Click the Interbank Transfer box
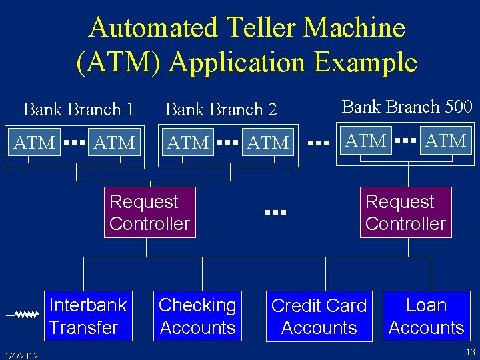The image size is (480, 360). click(x=88, y=316)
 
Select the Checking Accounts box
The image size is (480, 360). click(x=197, y=316)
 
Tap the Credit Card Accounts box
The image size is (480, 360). click(x=319, y=317)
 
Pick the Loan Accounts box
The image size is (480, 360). click(x=426, y=316)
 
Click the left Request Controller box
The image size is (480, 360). click(x=149, y=213)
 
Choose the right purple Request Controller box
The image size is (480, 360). click(x=405, y=213)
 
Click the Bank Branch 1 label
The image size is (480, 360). click(x=79, y=109)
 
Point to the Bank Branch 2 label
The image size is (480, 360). click(x=221, y=109)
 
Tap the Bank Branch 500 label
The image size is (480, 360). click(x=407, y=107)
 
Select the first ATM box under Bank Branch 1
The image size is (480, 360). click(x=35, y=142)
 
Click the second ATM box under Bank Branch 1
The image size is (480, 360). click(x=114, y=142)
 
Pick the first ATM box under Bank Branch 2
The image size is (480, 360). click(x=188, y=142)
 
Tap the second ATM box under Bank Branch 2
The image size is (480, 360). click(x=268, y=142)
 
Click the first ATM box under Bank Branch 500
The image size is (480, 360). click(x=366, y=141)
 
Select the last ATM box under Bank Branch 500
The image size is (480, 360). click(x=445, y=141)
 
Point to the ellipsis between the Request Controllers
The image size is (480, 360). click(x=275, y=213)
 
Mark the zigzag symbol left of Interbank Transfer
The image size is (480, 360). click(x=25, y=314)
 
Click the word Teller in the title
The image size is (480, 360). click(x=257, y=28)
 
